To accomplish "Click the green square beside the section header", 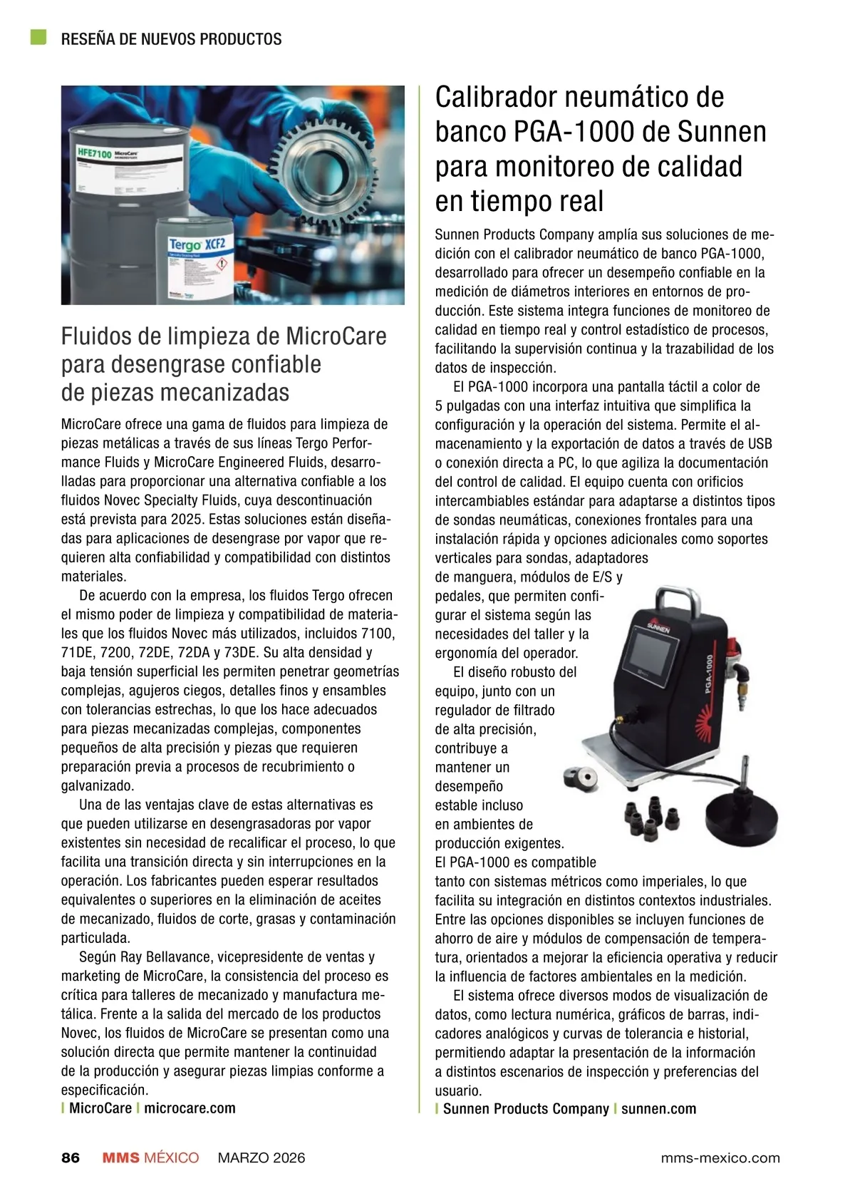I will (38, 37).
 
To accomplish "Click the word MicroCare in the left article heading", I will (336, 336).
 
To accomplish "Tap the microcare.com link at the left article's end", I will (190, 1108).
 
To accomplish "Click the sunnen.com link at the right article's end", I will (658, 1109).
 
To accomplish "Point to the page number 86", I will (71, 1158).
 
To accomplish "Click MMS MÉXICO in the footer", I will (150, 1158).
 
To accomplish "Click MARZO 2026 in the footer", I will (261, 1158).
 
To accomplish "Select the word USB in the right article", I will (760, 444).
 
